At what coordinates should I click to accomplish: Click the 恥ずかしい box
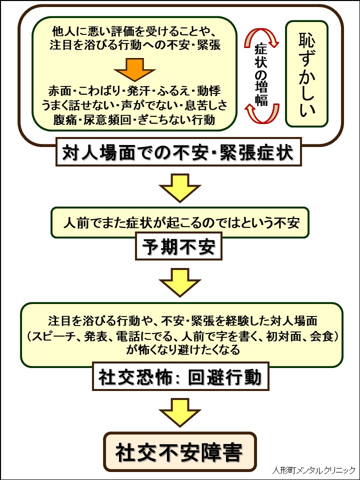coord(306,73)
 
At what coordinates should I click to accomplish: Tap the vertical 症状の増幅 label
coord(260,73)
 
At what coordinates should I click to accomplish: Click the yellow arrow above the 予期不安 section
coord(180,186)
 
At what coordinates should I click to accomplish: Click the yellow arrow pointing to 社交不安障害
coord(180,411)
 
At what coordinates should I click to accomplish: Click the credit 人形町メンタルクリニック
coord(314,470)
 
